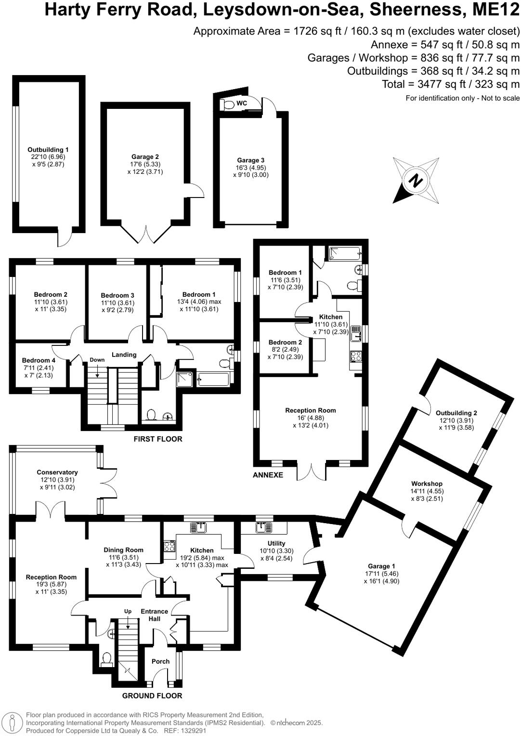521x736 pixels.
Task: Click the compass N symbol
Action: click(x=415, y=181)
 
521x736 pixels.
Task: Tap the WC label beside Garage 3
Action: click(x=242, y=103)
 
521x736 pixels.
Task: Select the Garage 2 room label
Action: click(x=145, y=157)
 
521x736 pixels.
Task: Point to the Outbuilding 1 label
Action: click(x=48, y=150)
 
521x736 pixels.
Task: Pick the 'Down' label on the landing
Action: click(x=97, y=360)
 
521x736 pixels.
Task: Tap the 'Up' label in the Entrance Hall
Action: click(x=128, y=611)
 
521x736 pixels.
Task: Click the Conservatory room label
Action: click(x=57, y=473)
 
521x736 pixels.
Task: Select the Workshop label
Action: click(x=427, y=484)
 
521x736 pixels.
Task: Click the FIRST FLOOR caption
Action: click(x=158, y=439)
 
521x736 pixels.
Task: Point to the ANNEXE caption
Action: click(x=268, y=475)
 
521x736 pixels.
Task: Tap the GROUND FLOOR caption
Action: click(x=152, y=696)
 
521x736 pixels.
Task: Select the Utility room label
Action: click(x=276, y=543)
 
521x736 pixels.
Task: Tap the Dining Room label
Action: click(x=124, y=550)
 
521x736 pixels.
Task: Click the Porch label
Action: click(x=160, y=661)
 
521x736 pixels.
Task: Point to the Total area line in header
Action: click(x=451, y=84)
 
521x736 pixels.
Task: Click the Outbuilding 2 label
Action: click(x=456, y=413)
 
